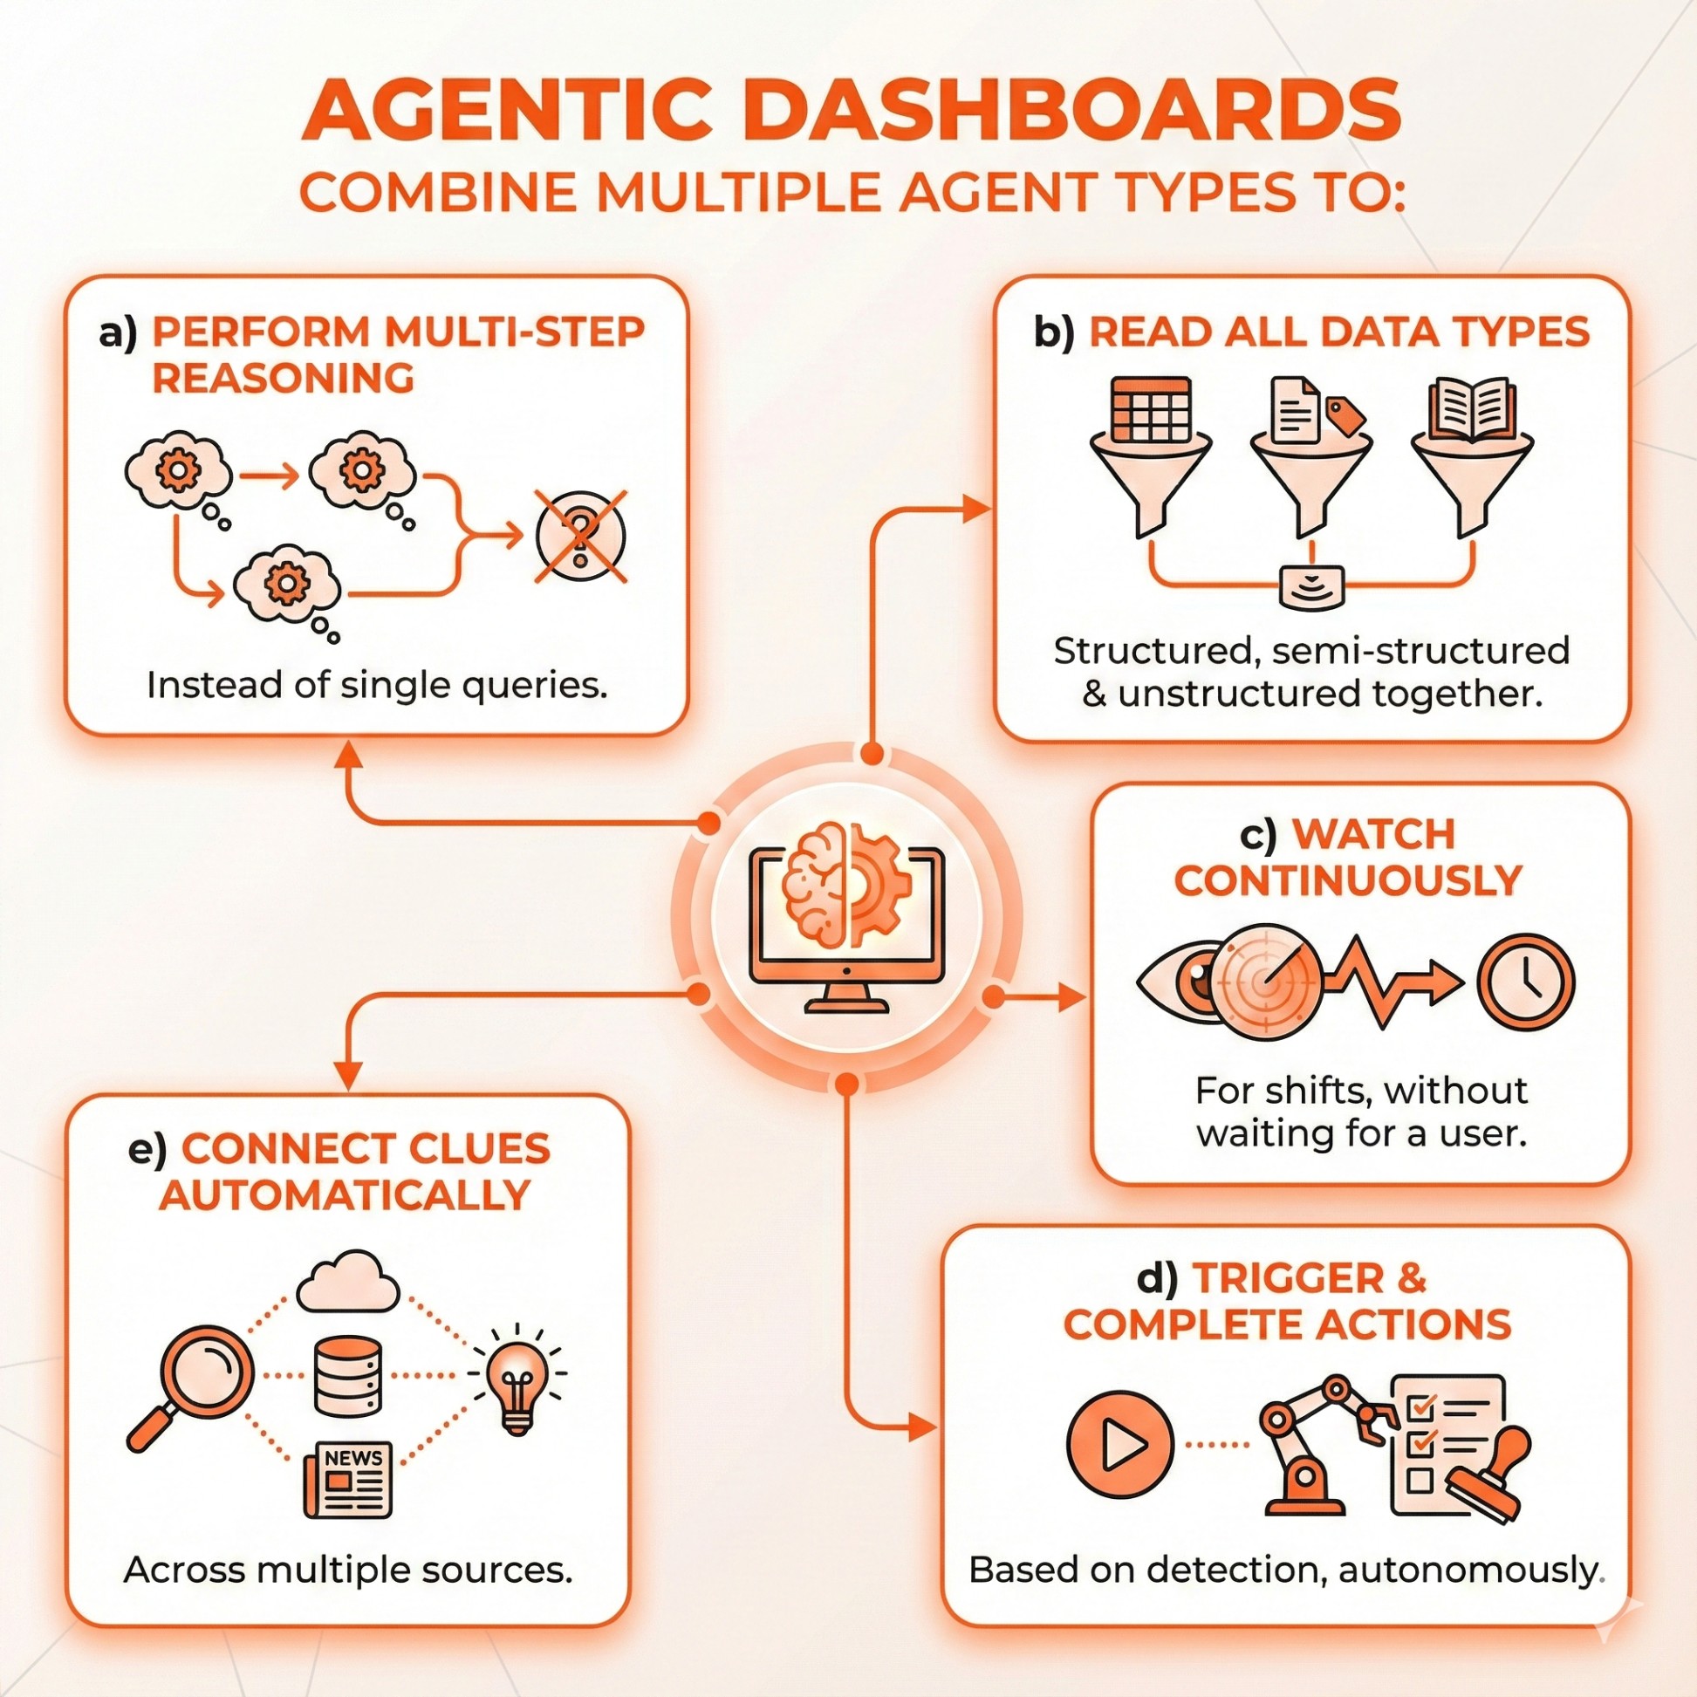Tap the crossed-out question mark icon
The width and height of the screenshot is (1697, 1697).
coord(580,537)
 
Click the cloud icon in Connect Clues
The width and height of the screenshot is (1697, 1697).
coord(348,1282)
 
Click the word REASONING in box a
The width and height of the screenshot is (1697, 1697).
coord(283,379)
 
